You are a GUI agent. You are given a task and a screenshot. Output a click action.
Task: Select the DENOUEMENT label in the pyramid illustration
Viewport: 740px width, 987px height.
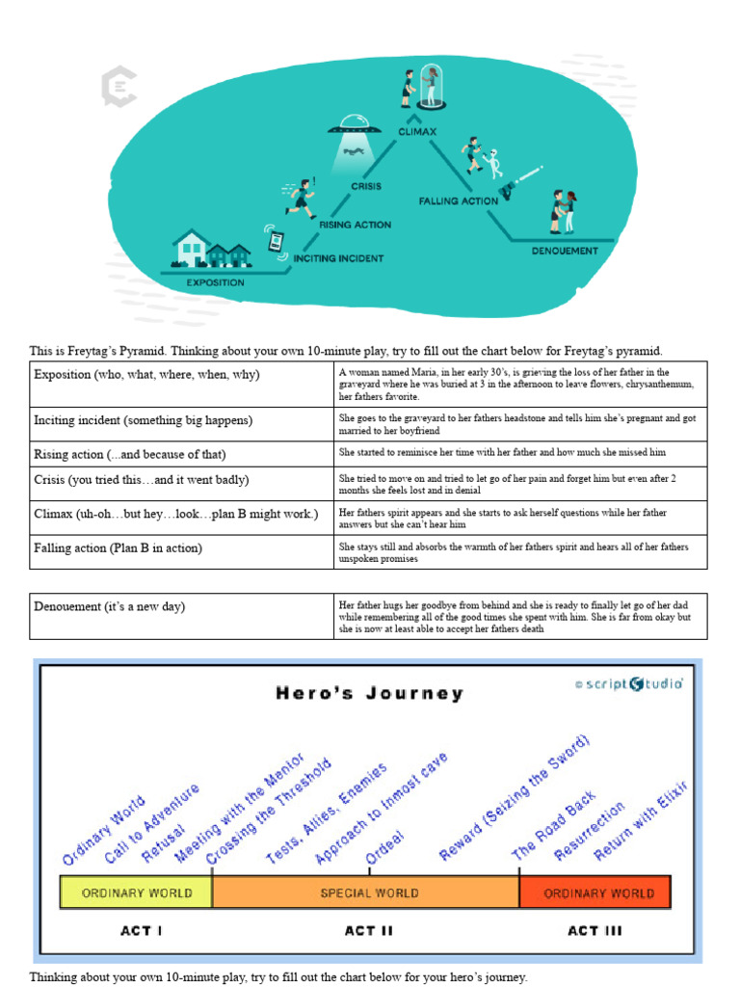tap(565, 251)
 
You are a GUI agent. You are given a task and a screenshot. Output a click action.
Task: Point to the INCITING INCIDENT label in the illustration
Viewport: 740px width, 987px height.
tap(338, 258)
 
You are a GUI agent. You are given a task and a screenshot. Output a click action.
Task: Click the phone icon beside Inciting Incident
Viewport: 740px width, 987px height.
tap(277, 239)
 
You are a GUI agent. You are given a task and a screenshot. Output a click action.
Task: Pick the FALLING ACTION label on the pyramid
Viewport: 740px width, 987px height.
tap(458, 200)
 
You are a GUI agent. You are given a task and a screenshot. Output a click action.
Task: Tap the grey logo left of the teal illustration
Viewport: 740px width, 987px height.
tap(119, 87)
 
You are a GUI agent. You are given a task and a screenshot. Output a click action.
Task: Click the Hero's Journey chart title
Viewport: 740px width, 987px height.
tap(370, 693)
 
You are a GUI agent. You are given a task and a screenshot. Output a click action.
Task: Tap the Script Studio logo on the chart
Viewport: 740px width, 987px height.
tap(629, 683)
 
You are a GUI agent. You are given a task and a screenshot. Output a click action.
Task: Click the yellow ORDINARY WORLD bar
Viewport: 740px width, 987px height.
tap(136, 893)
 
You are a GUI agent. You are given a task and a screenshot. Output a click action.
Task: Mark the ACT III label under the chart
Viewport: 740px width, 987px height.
tap(595, 930)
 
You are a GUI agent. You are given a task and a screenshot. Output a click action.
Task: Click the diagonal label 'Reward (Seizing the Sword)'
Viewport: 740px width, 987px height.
tap(516, 796)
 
